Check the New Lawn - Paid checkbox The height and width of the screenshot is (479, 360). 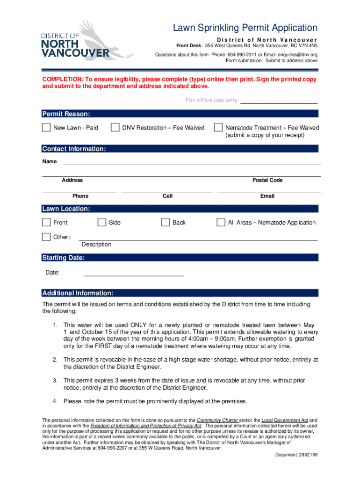click(46, 128)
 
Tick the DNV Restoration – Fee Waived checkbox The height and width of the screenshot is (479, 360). click(115, 128)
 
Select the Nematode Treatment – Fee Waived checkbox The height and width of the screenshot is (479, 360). click(218, 128)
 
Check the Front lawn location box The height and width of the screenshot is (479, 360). click(46, 223)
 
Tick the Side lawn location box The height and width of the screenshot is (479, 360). click(102, 223)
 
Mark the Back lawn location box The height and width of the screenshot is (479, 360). click(165, 223)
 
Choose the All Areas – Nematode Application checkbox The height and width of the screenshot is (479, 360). click(221, 223)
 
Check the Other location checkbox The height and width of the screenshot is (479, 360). click(46, 237)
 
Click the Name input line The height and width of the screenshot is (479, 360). click(192, 163)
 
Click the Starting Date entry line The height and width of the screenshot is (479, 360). click(133, 274)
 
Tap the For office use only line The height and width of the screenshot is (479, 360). click(279, 101)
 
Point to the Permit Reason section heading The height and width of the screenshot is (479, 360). click(66, 114)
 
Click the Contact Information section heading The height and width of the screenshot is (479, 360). click(74, 149)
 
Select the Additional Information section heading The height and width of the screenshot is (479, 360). click(78, 293)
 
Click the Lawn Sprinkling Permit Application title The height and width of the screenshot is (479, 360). click(245, 28)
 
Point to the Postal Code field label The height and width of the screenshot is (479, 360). click(267, 180)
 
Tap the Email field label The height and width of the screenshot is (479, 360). click(267, 196)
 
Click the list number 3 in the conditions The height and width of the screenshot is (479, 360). click(55, 380)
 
